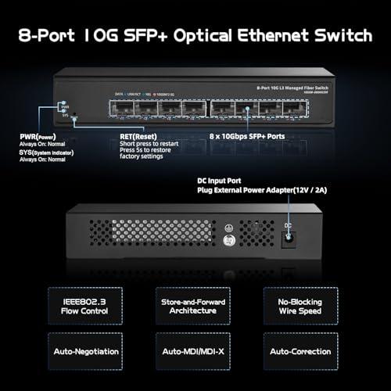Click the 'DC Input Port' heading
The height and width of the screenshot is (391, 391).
[x=219, y=181]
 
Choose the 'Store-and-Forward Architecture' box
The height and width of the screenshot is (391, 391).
[x=195, y=303]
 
